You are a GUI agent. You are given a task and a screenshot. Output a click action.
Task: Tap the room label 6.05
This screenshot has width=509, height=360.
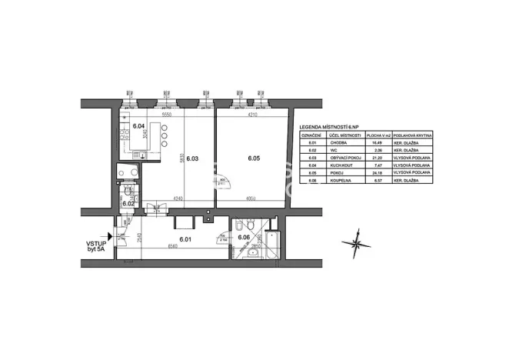(x=254, y=159)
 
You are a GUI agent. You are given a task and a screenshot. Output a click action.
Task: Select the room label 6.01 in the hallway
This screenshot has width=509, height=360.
(x=185, y=239)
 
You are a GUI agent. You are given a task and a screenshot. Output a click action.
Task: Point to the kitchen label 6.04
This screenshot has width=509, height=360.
(x=138, y=125)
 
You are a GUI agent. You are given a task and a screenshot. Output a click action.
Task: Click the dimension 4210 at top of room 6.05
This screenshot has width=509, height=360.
(x=251, y=115)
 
